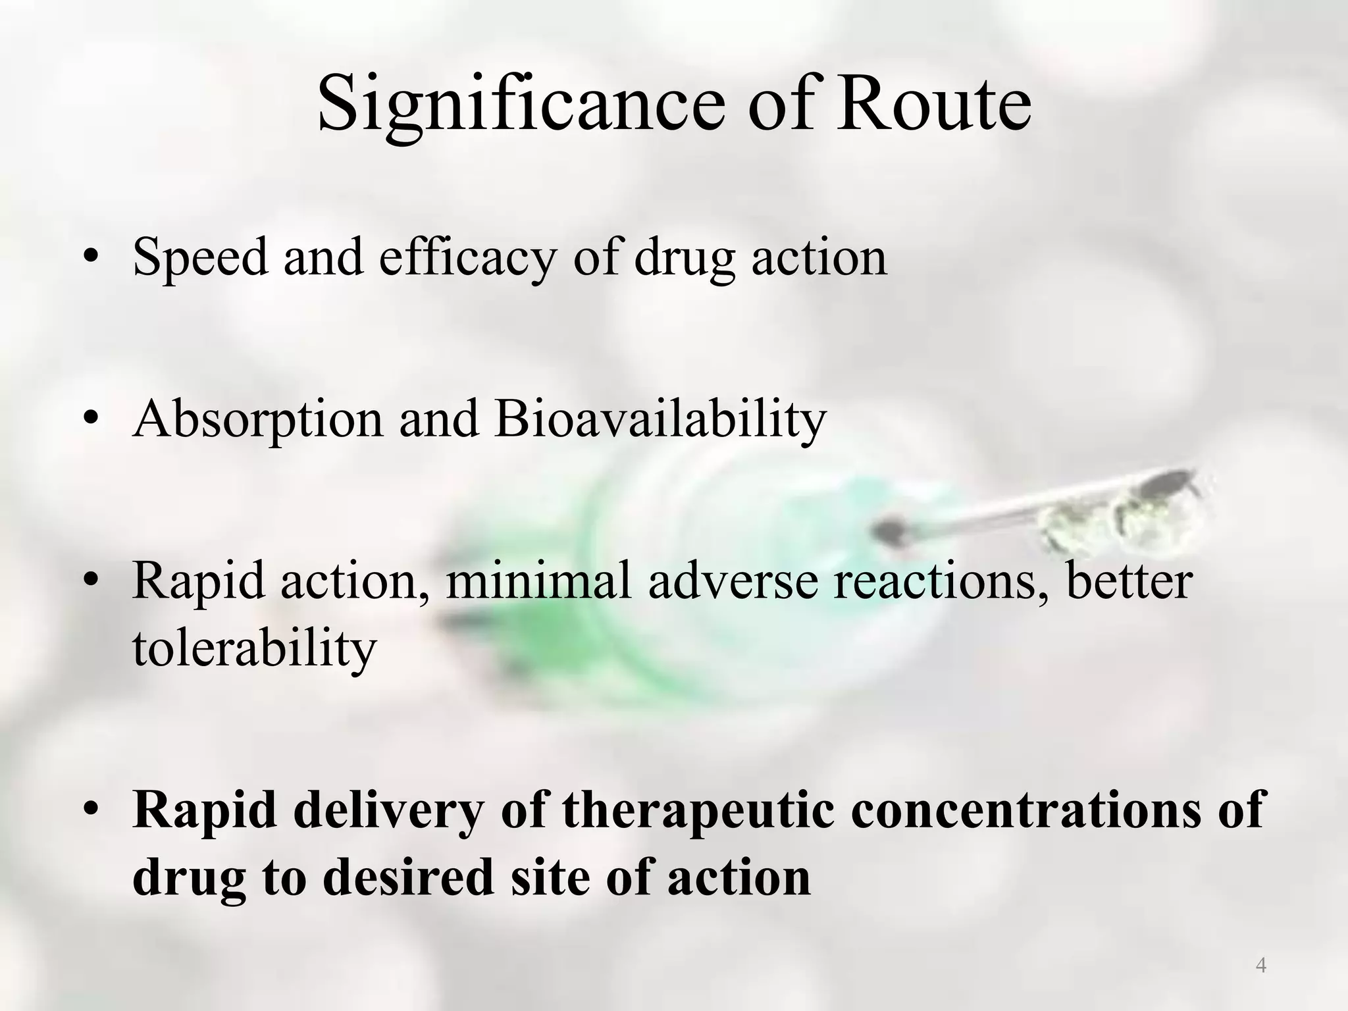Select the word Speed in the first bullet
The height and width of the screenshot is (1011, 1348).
(200, 258)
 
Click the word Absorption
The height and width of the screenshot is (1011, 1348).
(257, 420)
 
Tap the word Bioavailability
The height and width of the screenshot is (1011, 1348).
(660, 420)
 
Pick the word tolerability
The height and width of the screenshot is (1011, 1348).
(254, 649)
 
